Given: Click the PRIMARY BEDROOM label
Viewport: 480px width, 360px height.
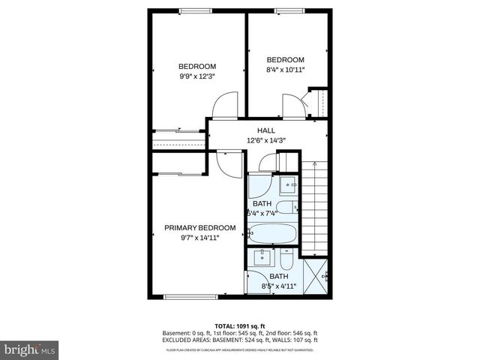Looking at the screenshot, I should coord(199,228).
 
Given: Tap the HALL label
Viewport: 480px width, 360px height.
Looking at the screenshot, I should coord(266,130).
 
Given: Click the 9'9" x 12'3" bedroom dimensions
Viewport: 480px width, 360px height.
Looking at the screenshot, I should coord(197,76).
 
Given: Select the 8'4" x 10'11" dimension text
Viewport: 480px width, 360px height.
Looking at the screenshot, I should coord(285,70).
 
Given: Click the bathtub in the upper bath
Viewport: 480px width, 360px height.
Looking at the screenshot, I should coord(273,235).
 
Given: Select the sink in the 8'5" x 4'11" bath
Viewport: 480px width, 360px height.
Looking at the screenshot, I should coord(262,259).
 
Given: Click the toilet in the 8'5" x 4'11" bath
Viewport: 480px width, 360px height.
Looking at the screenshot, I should coord(287,262).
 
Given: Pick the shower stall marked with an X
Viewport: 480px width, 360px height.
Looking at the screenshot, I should coord(316,276).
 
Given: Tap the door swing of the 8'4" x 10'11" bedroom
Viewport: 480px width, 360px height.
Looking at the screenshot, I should coord(293,105).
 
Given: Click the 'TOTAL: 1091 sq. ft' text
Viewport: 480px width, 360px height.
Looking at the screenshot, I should coord(239,326).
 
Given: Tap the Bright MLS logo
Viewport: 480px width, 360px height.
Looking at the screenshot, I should coord(30,350).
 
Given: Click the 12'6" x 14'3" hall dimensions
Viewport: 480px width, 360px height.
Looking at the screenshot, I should coord(266,140).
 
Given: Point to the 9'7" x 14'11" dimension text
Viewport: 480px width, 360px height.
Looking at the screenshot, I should coord(199,238).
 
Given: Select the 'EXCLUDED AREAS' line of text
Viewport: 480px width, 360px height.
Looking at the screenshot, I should coord(239,340).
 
